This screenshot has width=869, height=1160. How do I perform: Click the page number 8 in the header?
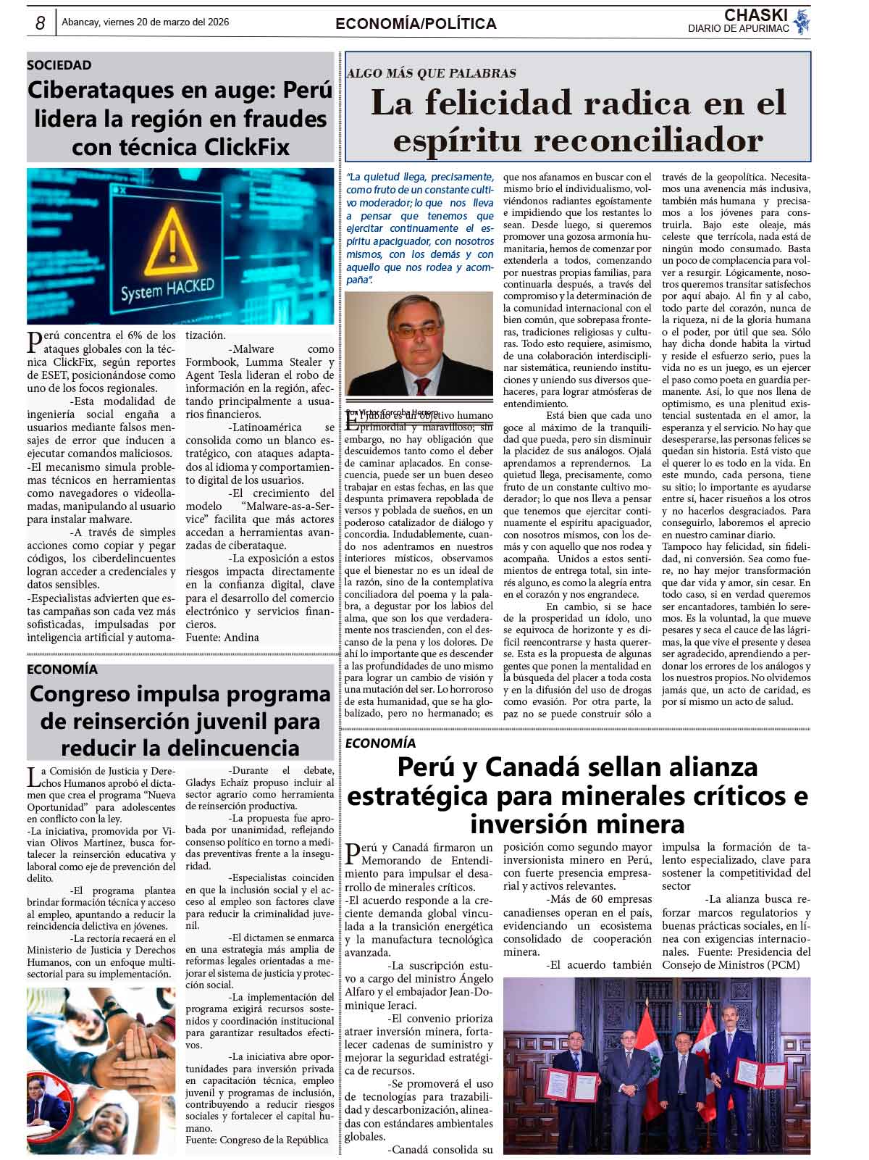click(x=41, y=24)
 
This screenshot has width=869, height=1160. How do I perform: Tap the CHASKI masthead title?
click(x=755, y=15)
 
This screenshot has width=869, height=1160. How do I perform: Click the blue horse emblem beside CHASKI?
click(x=800, y=21)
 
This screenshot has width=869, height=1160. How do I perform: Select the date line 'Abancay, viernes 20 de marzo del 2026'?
click(x=146, y=22)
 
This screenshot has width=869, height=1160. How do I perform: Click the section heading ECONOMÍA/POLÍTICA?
click(x=416, y=24)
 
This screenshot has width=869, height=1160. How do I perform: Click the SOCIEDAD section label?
click(x=59, y=65)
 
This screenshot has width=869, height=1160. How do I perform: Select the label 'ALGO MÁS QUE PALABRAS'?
click(x=432, y=73)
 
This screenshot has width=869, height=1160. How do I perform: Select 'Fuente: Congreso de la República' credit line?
click(x=256, y=1140)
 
